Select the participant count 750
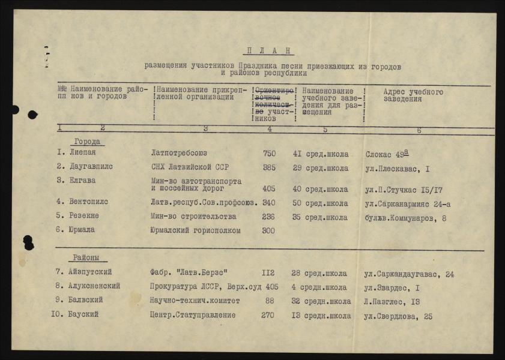point(270,153)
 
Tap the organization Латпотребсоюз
point(178,153)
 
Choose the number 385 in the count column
point(270,167)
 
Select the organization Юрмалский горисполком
point(195,230)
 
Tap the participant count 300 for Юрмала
point(270,230)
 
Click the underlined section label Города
point(88,142)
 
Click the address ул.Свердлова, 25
point(398,316)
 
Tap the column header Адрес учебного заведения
point(413,95)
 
